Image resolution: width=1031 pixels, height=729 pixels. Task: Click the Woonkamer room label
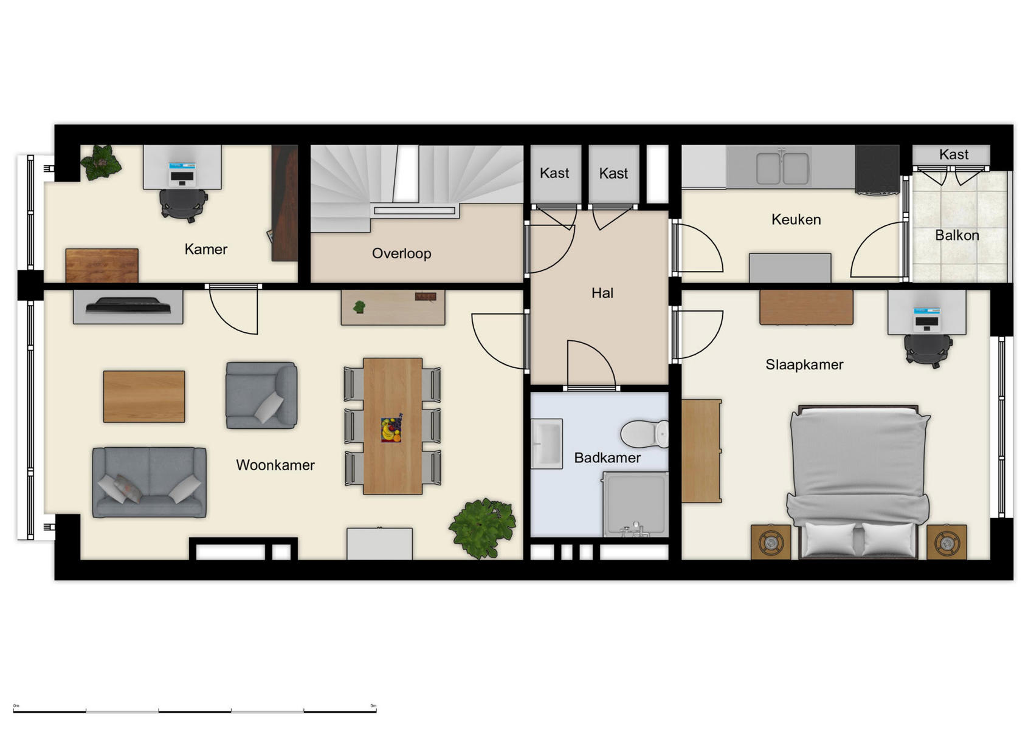tap(275, 465)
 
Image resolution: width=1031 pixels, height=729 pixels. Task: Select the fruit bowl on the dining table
tap(391, 429)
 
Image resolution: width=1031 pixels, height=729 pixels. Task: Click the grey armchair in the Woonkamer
tap(261, 395)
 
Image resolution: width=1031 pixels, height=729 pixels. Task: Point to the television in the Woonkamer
tap(128, 306)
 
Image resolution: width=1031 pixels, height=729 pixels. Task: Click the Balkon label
tap(957, 236)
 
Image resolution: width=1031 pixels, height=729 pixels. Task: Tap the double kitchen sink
tap(782, 168)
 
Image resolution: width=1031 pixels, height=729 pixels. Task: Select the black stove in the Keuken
tap(877, 170)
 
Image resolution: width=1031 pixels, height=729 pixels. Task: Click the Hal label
tap(602, 293)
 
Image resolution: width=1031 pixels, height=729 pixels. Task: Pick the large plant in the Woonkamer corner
tap(483, 527)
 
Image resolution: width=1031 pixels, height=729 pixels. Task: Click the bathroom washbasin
tap(547, 443)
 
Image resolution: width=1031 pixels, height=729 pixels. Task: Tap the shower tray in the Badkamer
tap(635, 504)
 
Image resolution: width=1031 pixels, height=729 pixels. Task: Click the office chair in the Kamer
tap(182, 204)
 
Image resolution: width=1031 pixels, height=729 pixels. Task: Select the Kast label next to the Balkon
tap(953, 155)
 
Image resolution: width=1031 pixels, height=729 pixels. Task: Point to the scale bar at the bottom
tap(195, 710)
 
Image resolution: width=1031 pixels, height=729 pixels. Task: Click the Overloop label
tap(401, 253)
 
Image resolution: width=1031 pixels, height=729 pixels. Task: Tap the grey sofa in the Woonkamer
tap(149, 482)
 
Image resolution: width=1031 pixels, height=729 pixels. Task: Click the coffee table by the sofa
tap(144, 397)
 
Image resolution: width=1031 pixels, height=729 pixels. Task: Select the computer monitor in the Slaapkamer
tap(926, 318)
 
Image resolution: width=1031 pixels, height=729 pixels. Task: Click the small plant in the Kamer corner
tap(101, 162)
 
